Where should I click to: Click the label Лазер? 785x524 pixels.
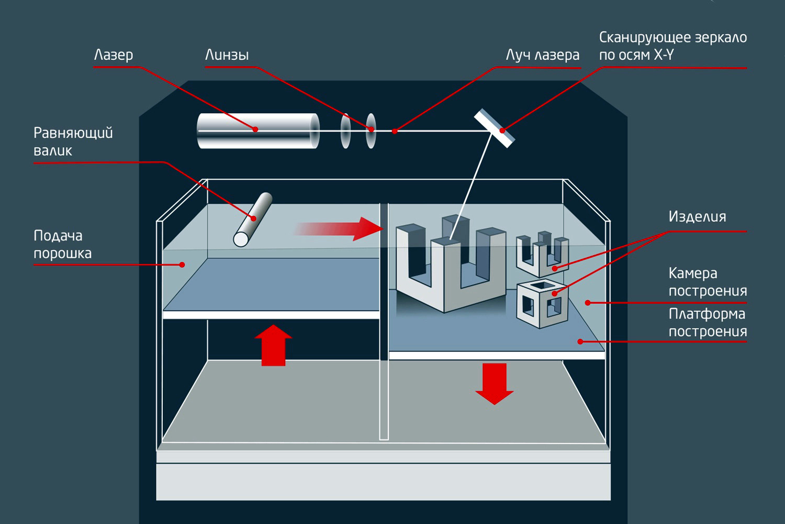tap(113, 55)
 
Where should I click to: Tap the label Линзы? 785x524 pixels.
tap(226, 55)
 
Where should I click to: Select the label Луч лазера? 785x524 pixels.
tap(542, 55)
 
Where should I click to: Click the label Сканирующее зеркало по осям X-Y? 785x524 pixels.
tap(672, 46)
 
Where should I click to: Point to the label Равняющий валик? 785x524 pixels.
tap(73, 141)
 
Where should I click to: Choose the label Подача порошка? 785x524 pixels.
tap(62, 244)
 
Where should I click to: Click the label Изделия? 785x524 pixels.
tap(697, 216)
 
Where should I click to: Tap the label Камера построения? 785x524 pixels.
tap(707, 282)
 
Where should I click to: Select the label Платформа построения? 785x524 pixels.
tap(707, 322)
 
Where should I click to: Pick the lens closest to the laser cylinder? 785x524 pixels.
tap(345, 130)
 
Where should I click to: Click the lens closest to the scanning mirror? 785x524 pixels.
tap(371, 130)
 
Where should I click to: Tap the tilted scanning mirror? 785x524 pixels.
tap(495, 128)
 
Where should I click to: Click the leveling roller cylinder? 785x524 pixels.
tap(253, 219)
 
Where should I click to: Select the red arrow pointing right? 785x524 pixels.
tap(340, 229)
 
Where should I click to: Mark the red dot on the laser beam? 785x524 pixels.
tap(395, 131)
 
